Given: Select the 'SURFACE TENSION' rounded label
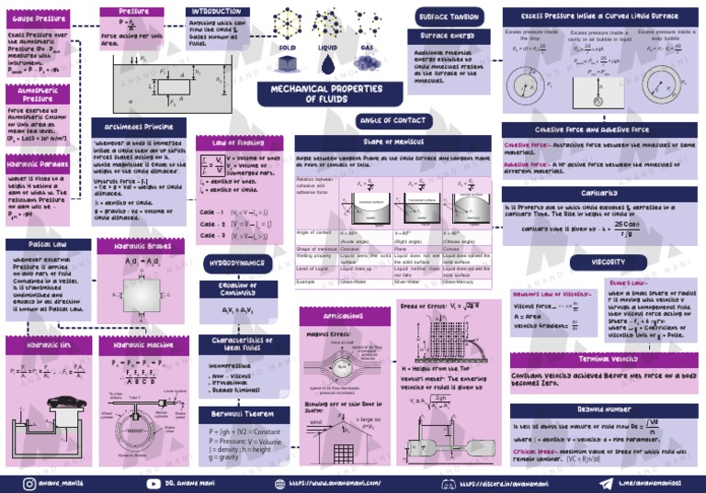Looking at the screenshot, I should point(449,17).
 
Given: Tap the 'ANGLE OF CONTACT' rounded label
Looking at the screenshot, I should point(392,120).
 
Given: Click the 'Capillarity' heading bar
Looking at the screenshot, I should point(598,195).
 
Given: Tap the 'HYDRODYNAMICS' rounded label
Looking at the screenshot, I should point(237,263).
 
